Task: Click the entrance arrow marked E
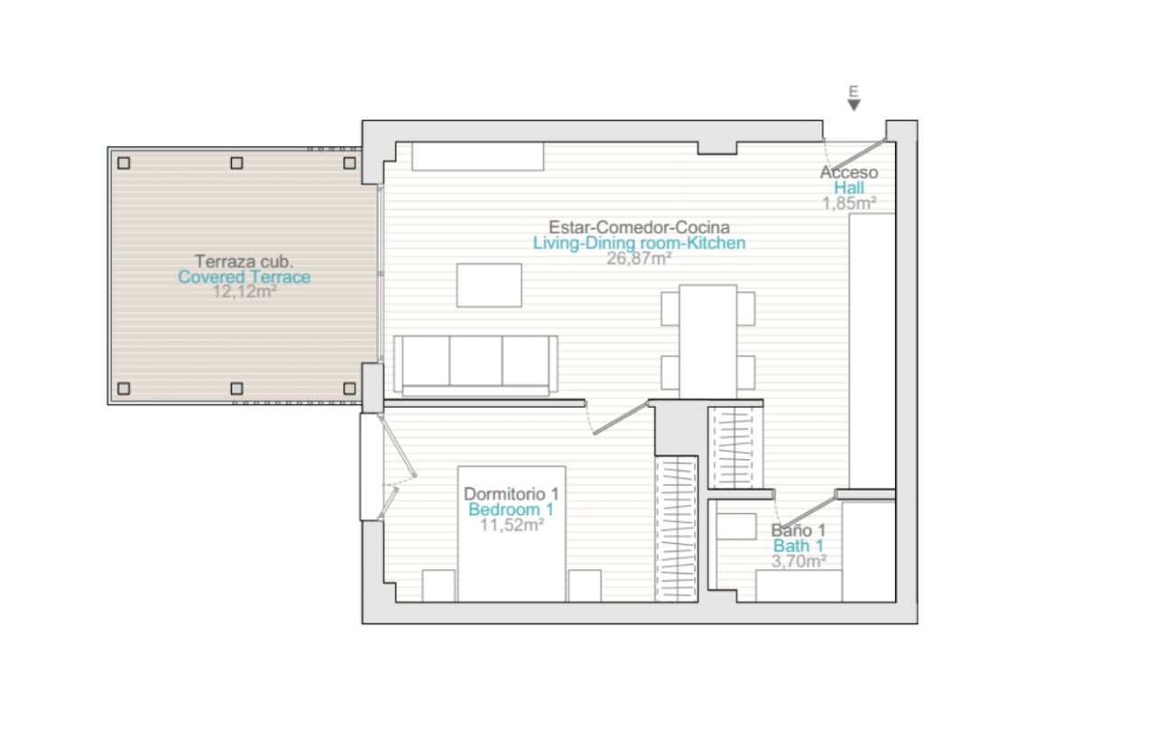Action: [x=854, y=106]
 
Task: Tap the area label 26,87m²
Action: [x=639, y=259]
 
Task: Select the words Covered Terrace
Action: [x=245, y=277]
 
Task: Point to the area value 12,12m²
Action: [x=245, y=291]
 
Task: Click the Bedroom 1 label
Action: [x=511, y=510]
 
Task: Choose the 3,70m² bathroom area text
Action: [x=799, y=561]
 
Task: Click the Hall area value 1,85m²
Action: [x=849, y=204]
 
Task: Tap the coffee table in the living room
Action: [x=489, y=285]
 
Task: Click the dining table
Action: [x=708, y=342]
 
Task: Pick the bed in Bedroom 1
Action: [x=512, y=534]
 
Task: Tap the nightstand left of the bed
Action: [x=439, y=585]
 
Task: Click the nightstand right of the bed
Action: [x=585, y=585]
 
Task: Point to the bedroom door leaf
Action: [x=621, y=418]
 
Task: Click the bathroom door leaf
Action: [x=808, y=510]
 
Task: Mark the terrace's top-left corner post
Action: [x=124, y=163]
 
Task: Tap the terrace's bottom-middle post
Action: [x=236, y=389]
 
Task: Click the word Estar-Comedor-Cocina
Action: [x=639, y=227]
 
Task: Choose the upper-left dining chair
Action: [x=670, y=308]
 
